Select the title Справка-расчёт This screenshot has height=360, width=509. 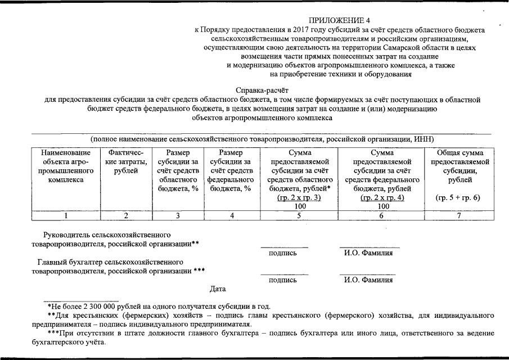262,90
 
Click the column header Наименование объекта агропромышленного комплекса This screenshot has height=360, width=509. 66,166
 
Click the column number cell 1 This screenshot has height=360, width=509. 66,215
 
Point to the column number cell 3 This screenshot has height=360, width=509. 178,215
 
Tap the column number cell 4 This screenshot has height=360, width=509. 231,215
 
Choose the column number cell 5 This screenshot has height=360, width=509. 299,215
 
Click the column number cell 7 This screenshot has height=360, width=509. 460,215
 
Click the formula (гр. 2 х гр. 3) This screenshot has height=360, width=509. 299,198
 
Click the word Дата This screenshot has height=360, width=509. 218,289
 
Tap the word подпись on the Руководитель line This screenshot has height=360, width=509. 283,253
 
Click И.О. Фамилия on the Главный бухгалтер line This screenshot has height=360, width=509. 368,280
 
